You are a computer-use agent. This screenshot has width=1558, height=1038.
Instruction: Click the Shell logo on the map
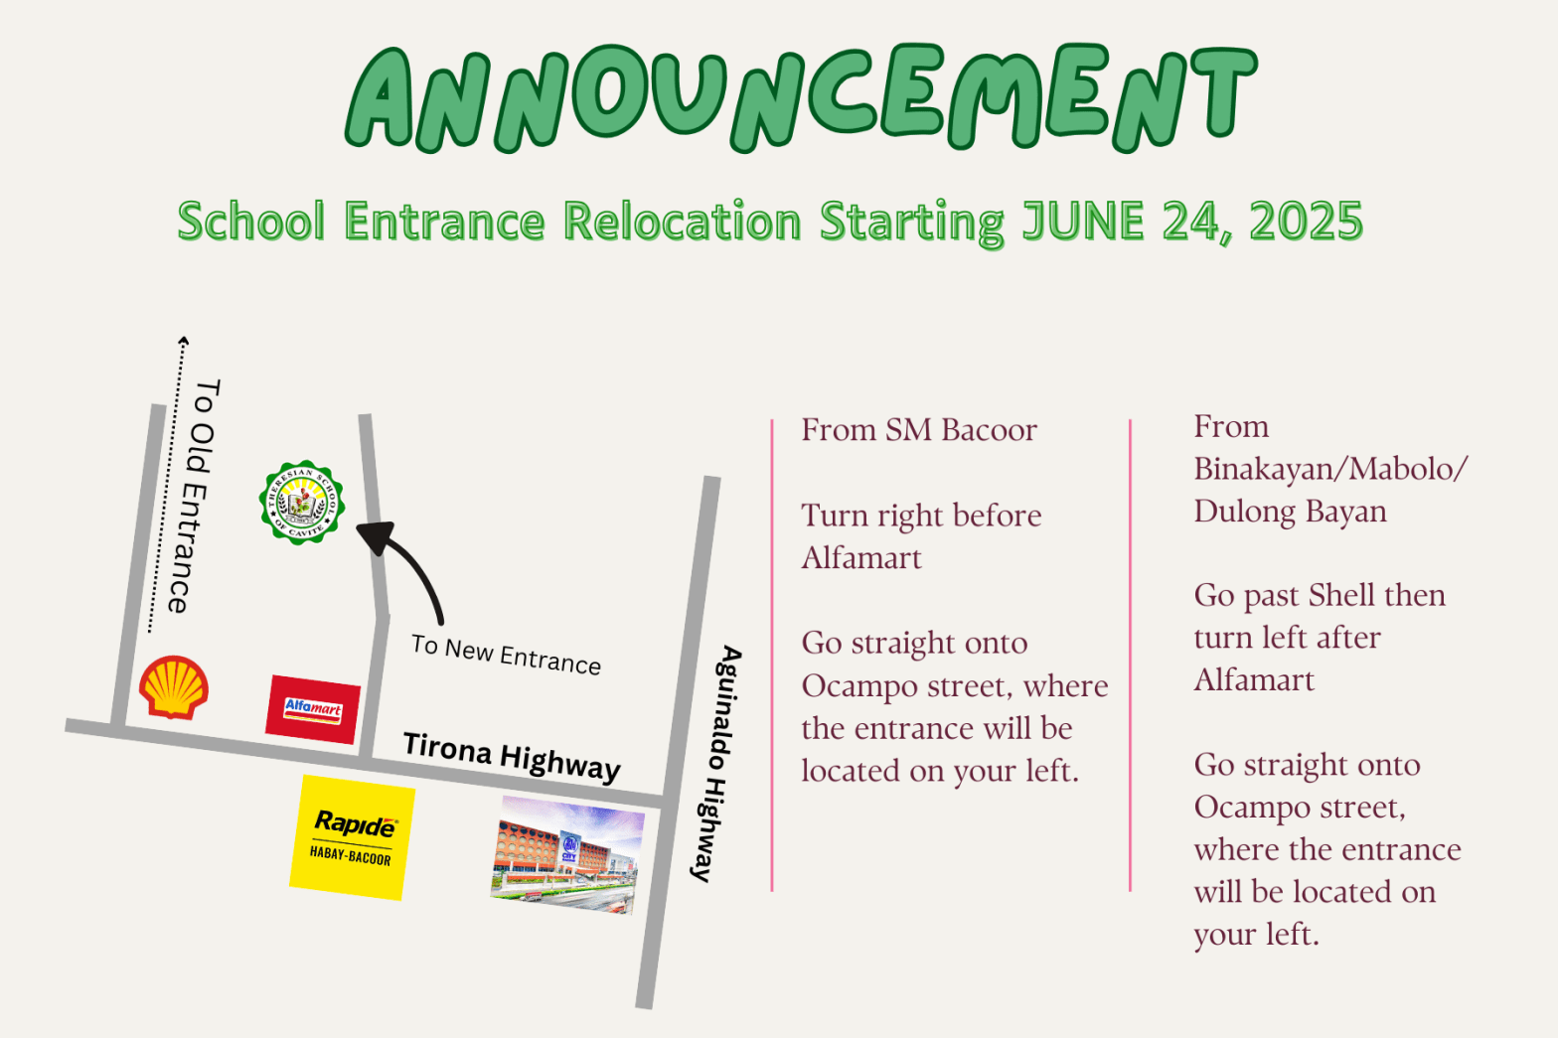pos(174,686)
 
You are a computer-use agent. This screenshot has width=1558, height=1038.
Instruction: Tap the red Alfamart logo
pos(313,709)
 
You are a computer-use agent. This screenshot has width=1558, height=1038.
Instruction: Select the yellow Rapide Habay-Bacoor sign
pos(352,837)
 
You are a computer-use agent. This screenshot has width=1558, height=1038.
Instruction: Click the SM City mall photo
pos(567,854)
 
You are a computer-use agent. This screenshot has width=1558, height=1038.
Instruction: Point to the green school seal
pos(301,502)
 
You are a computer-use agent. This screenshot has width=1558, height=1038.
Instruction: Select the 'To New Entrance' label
pos(506,655)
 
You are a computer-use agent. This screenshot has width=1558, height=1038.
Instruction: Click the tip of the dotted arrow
pos(183,341)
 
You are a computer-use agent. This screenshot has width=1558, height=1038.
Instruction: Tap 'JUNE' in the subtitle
pos(1083,221)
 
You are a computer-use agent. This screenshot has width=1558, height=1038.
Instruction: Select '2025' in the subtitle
pos(1306,221)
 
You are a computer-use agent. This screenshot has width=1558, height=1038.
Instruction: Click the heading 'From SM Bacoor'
pos(919,430)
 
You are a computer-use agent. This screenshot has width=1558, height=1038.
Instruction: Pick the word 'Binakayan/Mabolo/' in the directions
pos(1329,469)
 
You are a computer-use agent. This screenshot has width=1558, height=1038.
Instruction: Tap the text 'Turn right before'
pos(921,516)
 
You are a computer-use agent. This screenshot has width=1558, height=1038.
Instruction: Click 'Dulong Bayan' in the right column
pos(1290,512)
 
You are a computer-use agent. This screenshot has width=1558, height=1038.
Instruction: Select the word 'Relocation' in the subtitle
pos(682,221)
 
